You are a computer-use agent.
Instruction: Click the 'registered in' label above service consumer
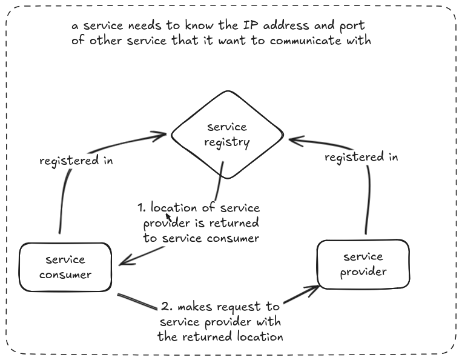(x=76, y=161)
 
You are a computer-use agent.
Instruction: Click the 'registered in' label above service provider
(x=361, y=157)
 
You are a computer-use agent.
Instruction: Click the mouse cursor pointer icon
(x=168, y=217)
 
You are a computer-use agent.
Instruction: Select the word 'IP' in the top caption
(x=250, y=25)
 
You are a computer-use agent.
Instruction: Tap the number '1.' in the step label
(x=142, y=207)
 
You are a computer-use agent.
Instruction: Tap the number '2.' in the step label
(x=167, y=306)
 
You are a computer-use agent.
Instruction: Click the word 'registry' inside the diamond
(x=227, y=142)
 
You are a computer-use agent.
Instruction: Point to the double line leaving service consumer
(x=137, y=302)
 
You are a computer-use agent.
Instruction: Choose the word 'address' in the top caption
(x=286, y=25)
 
